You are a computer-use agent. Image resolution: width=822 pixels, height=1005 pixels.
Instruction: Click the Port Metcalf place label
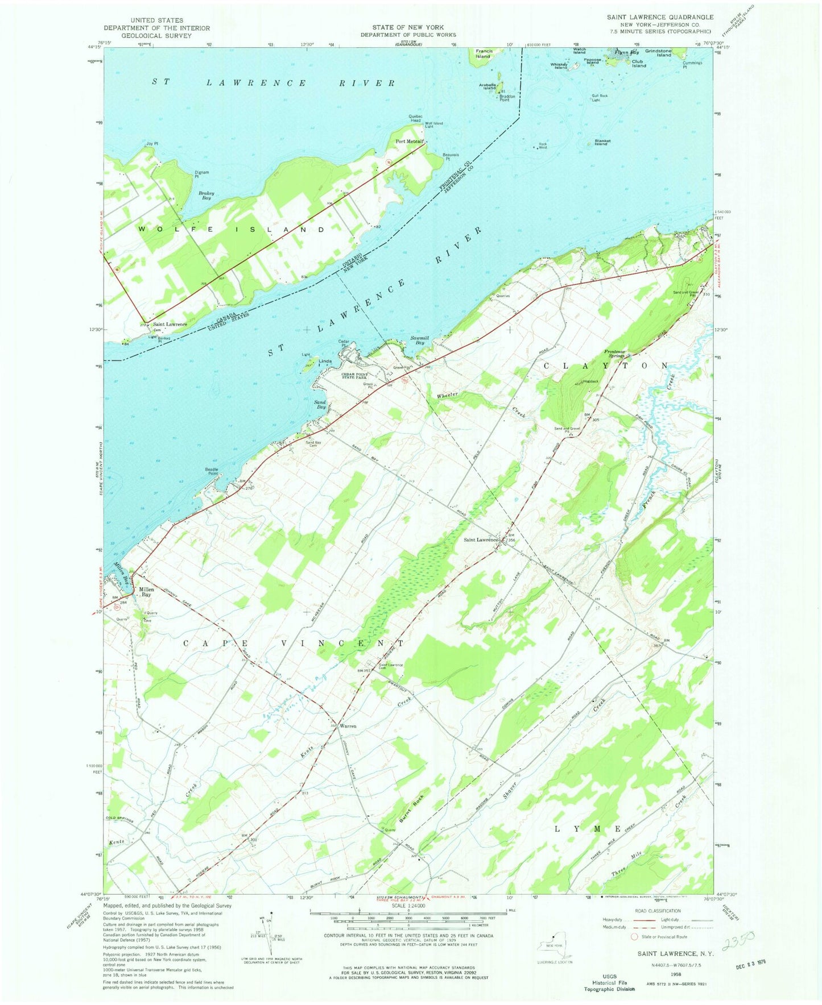click(x=408, y=142)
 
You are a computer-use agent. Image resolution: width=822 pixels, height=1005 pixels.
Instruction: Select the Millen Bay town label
click(x=146, y=592)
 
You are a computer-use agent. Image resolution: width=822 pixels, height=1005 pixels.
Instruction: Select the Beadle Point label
click(x=212, y=471)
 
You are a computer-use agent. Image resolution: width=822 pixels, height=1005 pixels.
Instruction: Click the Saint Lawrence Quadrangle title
click(x=659, y=17)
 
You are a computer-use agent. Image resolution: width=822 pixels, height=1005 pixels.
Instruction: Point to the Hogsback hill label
click(x=590, y=381)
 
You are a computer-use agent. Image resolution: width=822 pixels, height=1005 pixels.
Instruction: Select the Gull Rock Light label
click(x=600, y=98)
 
